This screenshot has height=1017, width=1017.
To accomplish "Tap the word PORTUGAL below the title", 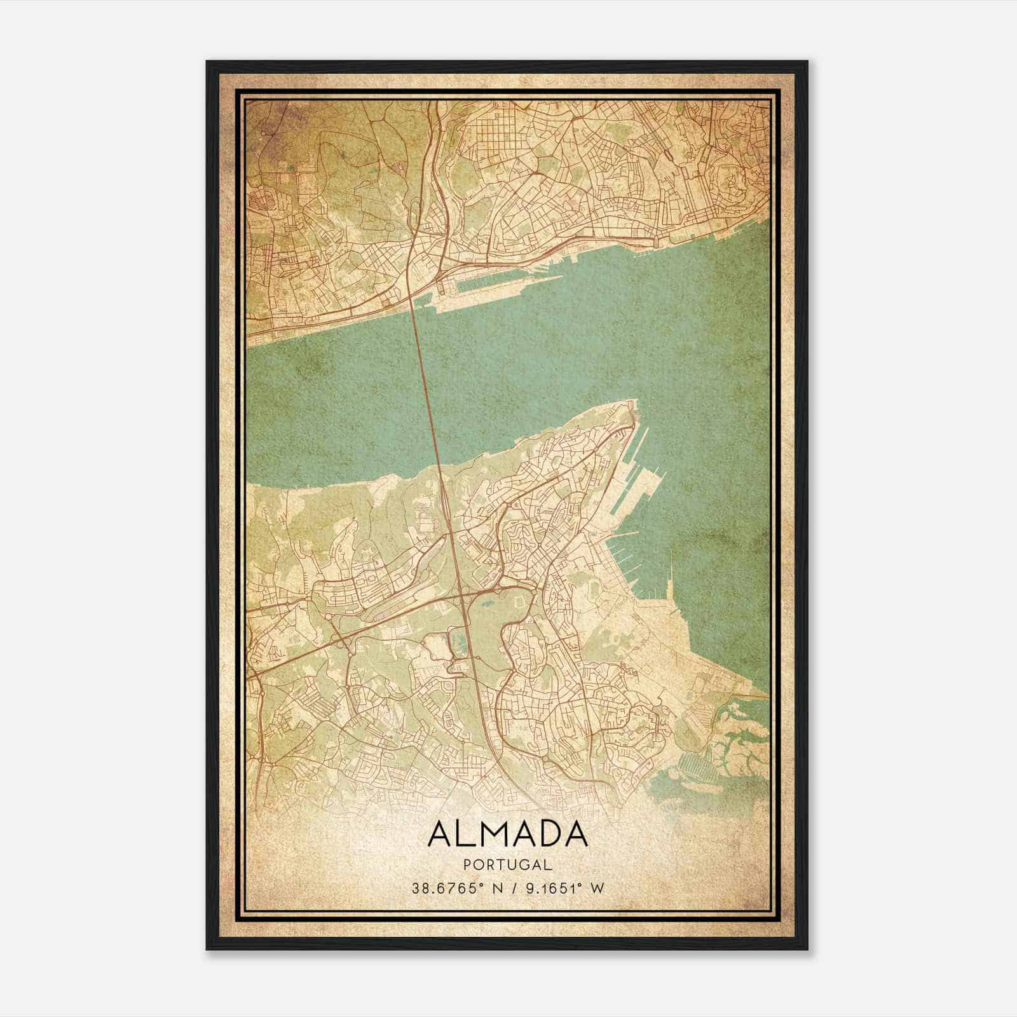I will tap(507, 864).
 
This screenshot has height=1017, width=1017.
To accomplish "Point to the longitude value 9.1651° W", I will tap(562, 889).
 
